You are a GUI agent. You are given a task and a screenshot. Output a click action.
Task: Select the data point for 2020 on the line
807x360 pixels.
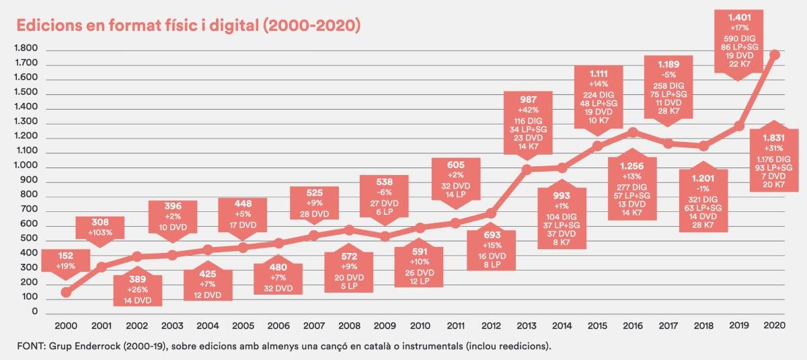pyautogui.click(x=775, y=55)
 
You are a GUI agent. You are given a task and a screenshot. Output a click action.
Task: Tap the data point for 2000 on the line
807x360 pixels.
pyautogui.click(x=66, y=292)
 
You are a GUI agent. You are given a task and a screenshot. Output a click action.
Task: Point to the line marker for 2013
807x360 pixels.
pyautogui.click(x=527, y=170)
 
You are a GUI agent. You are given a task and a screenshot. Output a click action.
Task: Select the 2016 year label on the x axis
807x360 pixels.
pyautogui.click(x=633, y=326)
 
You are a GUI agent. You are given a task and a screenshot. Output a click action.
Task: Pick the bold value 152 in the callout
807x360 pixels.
pyautogui.click(x=66, y=255)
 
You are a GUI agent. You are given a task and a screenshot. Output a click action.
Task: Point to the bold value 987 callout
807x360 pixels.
pyautogui.click(x=527, y=98)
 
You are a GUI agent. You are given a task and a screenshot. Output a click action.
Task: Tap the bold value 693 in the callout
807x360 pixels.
pyautogui.click(x=492, y=235)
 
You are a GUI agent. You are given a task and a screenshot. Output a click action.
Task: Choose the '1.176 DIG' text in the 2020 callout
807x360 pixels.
pyautogui.click(x=775, y=158)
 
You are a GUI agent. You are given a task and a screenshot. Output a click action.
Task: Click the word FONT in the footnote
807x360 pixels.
pyautogui.click(x=34, y=347)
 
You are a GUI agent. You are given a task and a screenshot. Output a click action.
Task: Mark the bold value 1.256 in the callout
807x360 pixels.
pyautogui.click(x=633, y=166)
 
